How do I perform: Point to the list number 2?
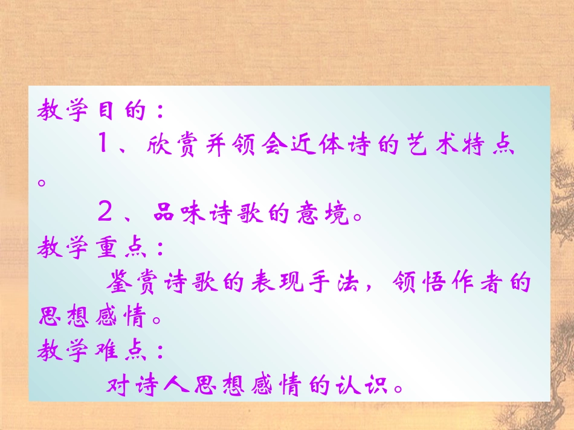coord(105,213)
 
